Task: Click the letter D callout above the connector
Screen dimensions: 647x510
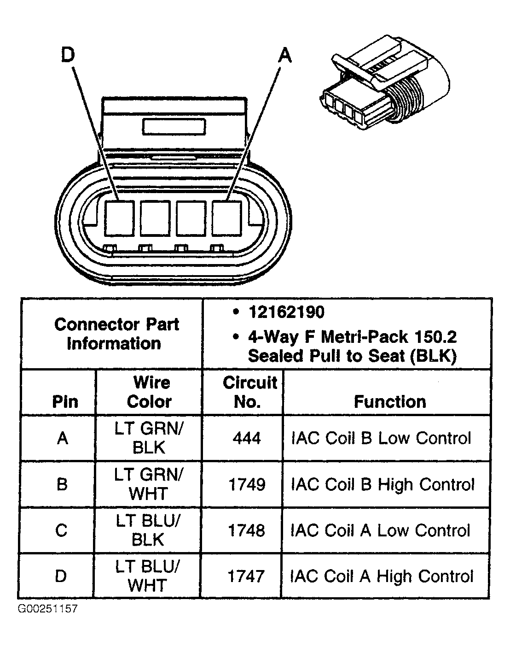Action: (x=68, y=55)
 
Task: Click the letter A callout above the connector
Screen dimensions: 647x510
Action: (x=285, y=55)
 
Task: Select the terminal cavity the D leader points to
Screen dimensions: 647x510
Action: (x=119, y=217)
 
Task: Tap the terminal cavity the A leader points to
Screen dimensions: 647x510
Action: (x=227, y=217)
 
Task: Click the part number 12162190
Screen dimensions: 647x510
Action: (x=286, y=312)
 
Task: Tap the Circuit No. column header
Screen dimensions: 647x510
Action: (x=249, y=392)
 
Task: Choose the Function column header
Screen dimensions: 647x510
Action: (x=389, y=402)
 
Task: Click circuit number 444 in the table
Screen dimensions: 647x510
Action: (x=247, y=438)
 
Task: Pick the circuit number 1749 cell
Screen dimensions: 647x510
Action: (x=247, y=484)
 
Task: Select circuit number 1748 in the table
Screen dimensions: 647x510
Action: (x=247, y=530)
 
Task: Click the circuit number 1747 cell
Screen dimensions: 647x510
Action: (x=247, y=576)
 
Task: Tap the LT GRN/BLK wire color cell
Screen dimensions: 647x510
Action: (x=149, y=438)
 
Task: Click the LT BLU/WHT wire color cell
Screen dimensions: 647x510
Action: (x=148, y=576)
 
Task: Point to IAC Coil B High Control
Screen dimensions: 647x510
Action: (x=382, y=484)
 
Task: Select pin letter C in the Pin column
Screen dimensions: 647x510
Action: (x=62, y=530)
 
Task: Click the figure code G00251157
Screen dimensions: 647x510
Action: (x=48, y=609)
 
